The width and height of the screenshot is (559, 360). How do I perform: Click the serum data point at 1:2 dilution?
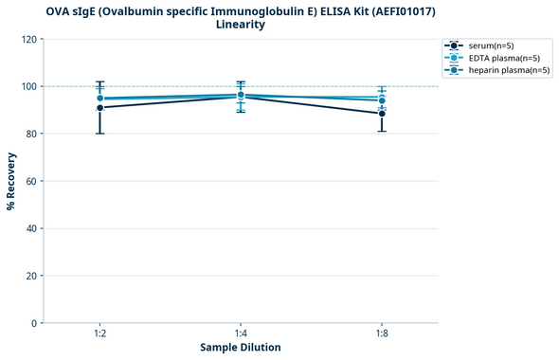coord(99,108)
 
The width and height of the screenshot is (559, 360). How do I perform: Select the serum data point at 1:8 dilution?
coord(382,114)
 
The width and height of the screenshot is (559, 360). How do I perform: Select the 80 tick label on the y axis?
coord(31,134)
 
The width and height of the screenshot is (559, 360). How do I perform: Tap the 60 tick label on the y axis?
coord(31,181)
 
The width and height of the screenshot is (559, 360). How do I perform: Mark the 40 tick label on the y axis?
coord(31,228)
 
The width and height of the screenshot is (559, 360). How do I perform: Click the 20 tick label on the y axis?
coord(31,276)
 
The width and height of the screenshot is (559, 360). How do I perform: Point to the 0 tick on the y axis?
coord(34,323)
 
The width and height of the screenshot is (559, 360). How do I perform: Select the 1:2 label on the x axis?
coord(99,334)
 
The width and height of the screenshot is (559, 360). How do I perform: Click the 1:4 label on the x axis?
coord(241,334)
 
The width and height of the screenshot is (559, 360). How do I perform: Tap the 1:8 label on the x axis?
coord(382,334)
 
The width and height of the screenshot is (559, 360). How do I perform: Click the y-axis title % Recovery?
coord(11,181)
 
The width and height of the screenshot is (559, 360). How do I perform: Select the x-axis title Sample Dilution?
coord(241,348)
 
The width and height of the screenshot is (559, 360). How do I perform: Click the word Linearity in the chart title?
coord(241,25)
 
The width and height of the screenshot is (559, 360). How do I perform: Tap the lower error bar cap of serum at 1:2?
coord(99,134)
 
